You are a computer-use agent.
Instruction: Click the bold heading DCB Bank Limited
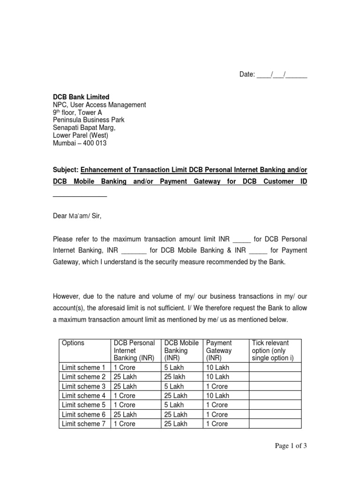tap(80, 97)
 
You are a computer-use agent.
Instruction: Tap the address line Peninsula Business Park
tap(88, 120)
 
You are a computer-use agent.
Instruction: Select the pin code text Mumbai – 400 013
tap(79, 143)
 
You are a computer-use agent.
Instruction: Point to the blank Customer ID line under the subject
tap(80, 196)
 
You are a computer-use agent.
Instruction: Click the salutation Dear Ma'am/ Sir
tap(77, 216)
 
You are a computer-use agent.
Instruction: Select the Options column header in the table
tap(73, 343)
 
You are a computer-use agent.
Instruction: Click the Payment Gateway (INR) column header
tap(219, 351)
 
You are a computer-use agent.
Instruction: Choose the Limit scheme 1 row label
tap(83, 367)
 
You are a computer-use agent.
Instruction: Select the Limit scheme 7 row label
tap(83, 424)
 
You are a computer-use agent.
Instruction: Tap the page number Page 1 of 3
tap(291, 446)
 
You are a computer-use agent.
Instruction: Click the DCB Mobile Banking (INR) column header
tap(181, 351)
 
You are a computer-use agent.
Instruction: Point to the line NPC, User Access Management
tap(99, 105)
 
